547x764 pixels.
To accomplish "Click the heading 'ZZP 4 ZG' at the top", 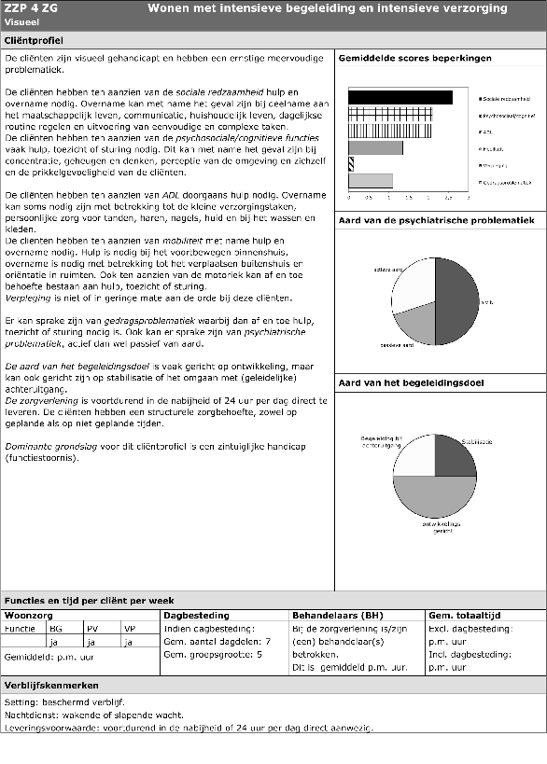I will tap(30, 7).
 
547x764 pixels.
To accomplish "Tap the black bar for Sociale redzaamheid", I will tap(400, 97).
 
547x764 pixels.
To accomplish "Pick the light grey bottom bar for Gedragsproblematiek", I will tap(370, 181).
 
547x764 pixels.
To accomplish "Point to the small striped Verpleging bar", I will tap(351, 164).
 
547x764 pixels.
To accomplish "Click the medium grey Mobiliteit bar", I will tap(375, 147).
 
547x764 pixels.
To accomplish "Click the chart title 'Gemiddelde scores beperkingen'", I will tap(414, 59).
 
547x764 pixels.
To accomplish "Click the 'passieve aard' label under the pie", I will tap(397, 344).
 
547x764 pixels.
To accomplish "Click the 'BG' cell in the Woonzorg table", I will tap(55, 629).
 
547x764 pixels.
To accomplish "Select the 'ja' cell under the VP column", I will tap(129, 642).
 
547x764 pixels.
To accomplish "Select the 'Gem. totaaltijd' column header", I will tap(465, 616).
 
